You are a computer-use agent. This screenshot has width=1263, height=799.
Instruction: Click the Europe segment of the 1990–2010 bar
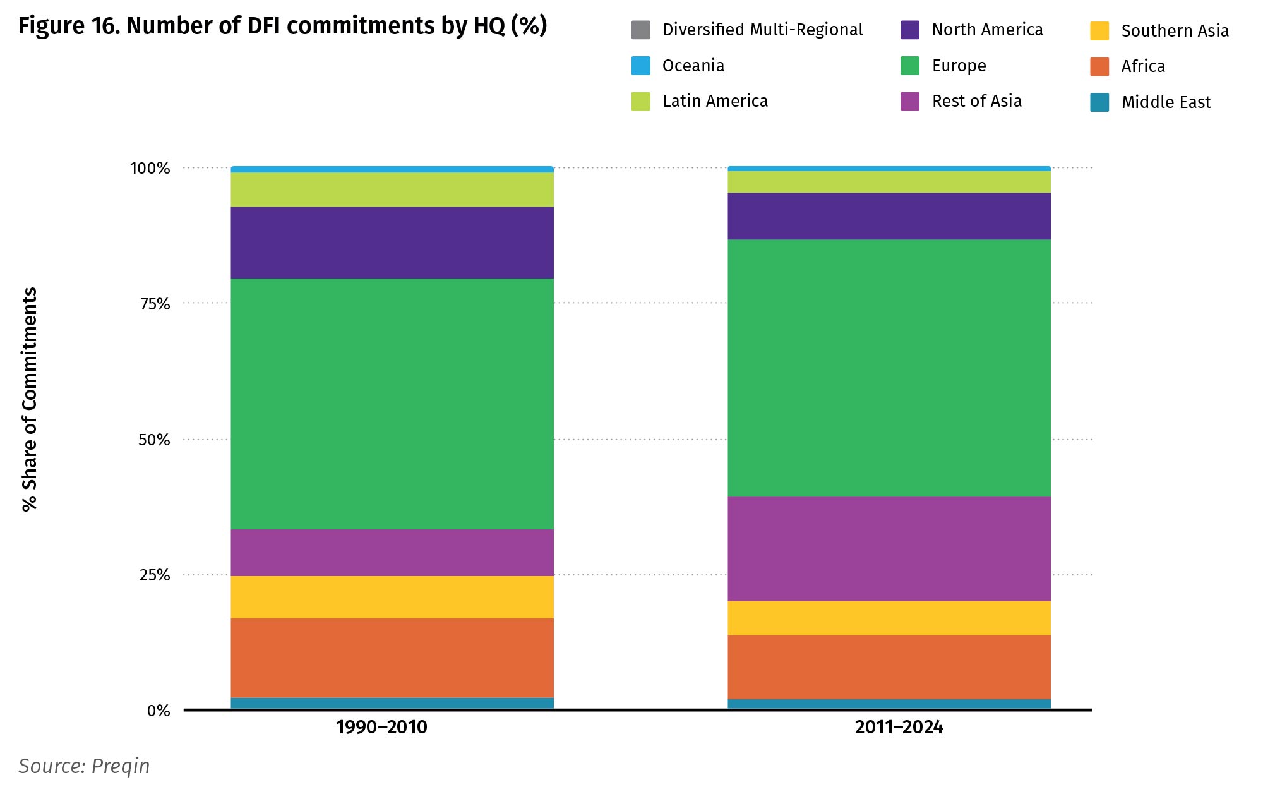[x=392, y=404]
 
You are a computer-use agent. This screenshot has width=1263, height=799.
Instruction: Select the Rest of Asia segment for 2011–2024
[x=889, y=548]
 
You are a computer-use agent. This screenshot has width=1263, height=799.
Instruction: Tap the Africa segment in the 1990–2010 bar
[x=392, y=658]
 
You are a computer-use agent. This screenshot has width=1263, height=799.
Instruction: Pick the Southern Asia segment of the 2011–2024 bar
[x=889, y=618]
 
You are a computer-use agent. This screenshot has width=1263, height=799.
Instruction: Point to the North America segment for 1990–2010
[x=392, y=243]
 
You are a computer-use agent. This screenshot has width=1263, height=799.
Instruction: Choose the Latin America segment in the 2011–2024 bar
[x=889, y=182]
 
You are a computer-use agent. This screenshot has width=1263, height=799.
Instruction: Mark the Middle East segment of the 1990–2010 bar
[x=392, y=703]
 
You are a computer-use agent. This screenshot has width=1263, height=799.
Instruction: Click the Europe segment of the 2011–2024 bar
[x=889, y=368]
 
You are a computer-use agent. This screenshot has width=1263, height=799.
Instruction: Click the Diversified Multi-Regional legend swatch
[x=640, y=30]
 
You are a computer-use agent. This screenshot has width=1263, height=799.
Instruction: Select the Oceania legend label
[x=693, y=66]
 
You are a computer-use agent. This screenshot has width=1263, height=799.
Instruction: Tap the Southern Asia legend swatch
[x=1099, y=31]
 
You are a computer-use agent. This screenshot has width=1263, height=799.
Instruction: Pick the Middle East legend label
[x=1166, y=102]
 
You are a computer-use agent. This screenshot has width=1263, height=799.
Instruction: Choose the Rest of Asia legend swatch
[x=910, y=101]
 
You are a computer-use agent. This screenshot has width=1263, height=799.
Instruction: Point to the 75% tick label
[x=155, y=304]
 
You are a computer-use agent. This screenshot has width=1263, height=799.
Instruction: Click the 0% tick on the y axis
[x=159, y=711]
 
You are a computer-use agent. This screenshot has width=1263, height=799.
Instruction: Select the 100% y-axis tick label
[x=150, y=168]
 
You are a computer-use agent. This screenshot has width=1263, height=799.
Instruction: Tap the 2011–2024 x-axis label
[x=899, y=727]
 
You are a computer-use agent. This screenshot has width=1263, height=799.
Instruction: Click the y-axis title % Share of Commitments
[x=30, y=399]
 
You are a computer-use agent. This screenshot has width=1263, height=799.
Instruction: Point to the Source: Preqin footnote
[x=84, y=766]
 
